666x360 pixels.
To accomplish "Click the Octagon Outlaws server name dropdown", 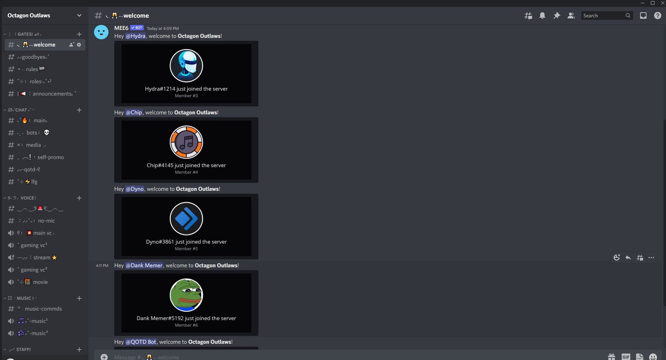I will (44, 16).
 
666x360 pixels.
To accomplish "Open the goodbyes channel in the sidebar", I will (34, 57).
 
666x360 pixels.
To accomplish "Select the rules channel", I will (32, 69).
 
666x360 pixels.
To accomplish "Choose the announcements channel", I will (52, 94).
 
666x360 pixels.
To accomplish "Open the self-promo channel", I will (50, 157).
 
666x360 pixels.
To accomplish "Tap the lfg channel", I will (34, 182).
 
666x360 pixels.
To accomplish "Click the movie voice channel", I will (40, 282).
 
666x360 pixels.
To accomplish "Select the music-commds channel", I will (43, 309).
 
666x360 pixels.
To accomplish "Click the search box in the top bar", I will (603, 16).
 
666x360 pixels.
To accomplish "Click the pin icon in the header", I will (557, 16).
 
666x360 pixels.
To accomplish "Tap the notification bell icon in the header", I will (542, 16).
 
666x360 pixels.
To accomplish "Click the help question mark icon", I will (657, 16).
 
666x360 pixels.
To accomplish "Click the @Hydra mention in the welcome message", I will (135, 36).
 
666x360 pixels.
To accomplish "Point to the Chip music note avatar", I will (186, 142).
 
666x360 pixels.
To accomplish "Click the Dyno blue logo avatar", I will (186, 219).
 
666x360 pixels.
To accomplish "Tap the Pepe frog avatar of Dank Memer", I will (186, 295).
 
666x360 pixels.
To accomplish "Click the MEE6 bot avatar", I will (101, 32).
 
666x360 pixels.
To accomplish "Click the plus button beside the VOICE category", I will (79, 198).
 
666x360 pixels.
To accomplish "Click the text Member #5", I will (186, 249).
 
